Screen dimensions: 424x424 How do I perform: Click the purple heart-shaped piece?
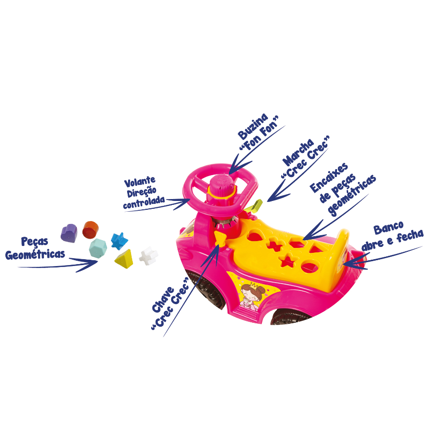click(69, 233)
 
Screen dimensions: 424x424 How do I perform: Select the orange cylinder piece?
click(90, 228)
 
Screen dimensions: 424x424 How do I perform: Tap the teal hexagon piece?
click(98, 247)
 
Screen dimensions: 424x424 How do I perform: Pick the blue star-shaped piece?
click(118, 240)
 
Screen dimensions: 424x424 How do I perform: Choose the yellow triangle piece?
click(124, 258)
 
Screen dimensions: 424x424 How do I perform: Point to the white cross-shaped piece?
click(148, 256)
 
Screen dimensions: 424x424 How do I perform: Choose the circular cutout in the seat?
click(308, 267)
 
